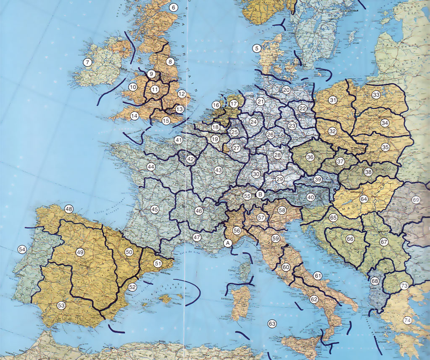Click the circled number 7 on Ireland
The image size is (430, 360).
(87, 62)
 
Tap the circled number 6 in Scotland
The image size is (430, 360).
(173, 8)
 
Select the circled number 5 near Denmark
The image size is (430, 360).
(257, 48)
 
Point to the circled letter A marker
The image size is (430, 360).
(227, 243)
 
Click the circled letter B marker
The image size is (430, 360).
(260, 195)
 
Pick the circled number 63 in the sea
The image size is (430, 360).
(272, 323)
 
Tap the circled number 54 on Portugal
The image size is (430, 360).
(22, 249)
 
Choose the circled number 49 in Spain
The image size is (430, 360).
(80, 253)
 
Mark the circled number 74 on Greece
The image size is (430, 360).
(407, 320)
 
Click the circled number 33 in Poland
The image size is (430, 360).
(376, 95)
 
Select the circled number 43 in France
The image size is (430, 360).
(218, 170)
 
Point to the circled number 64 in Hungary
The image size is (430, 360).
(364, 199)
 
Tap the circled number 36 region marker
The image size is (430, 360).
(310, 157)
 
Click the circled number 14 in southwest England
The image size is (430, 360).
(134, 116)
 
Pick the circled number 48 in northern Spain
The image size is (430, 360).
(69, 209)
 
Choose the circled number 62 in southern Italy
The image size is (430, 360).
(314, 299)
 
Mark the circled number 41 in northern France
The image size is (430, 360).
(178, 140)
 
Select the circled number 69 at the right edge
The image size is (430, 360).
(415, 200)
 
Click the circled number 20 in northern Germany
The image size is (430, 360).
(286, 90)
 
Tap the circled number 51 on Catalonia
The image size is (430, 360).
(157, 263)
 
